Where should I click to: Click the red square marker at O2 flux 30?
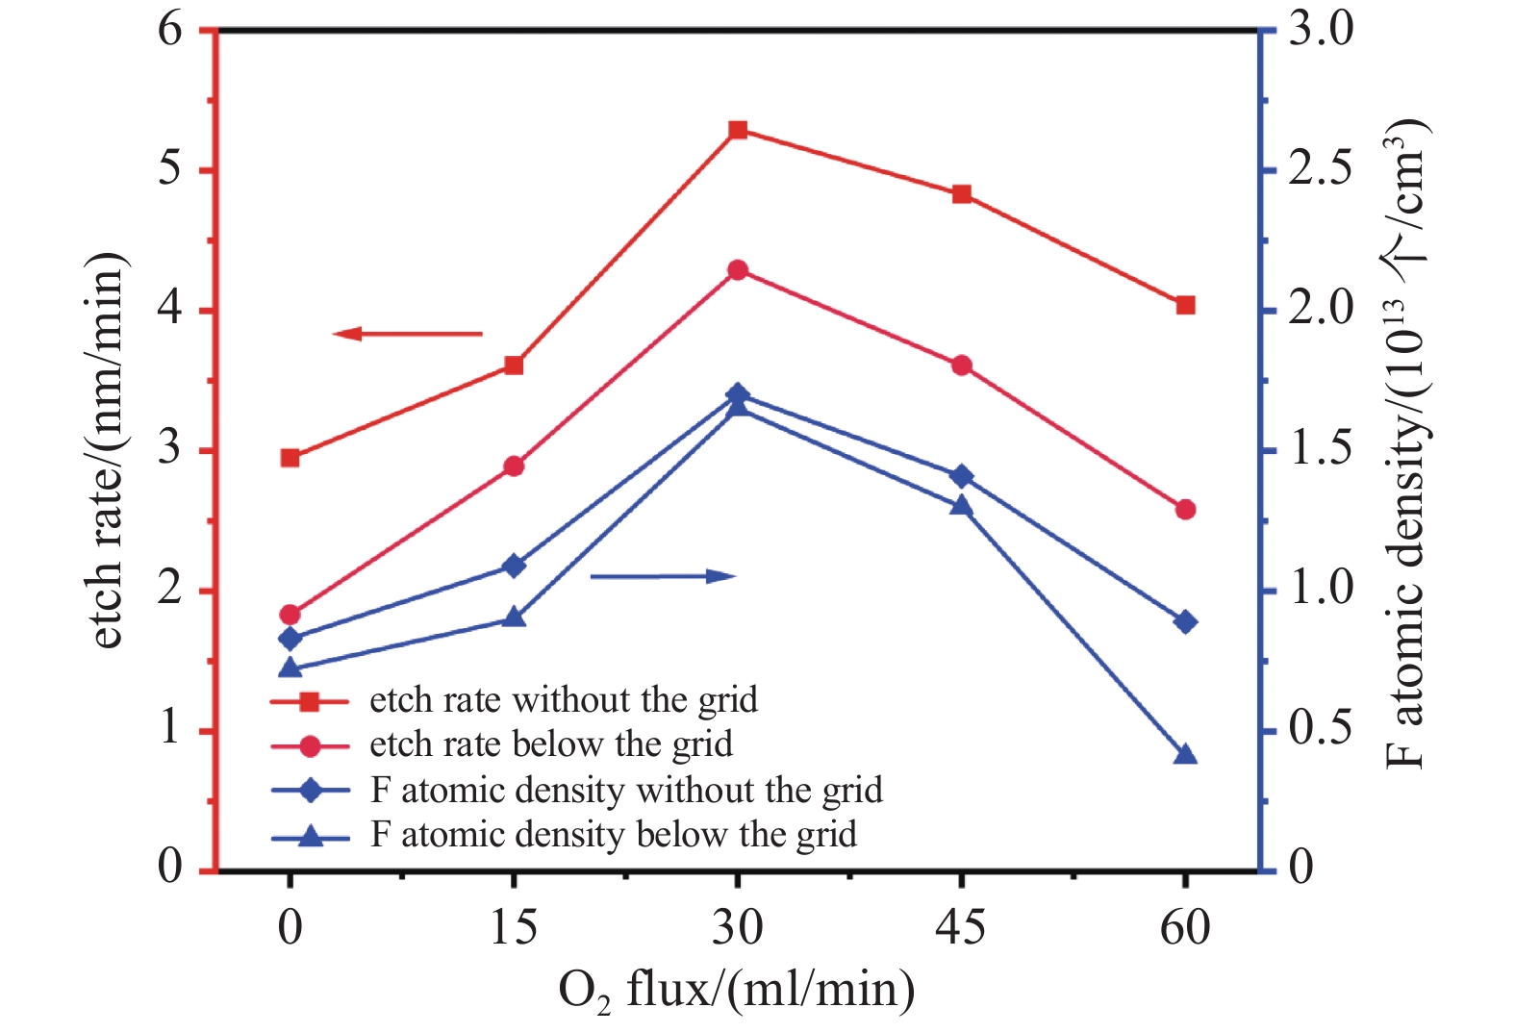(x=738, y=131)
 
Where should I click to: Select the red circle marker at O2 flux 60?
(x=1185, y=510)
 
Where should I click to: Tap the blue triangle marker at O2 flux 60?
(x=1185, y=755)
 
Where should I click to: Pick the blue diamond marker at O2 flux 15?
(x=514, y=566)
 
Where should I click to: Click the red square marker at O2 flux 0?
(x=290, y=458)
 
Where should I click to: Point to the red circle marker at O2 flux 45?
(x=961, y=365)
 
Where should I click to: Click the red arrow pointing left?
(x=407, y=334)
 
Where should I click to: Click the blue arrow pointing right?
(x=663, y=576)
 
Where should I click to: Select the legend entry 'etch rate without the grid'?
(x=564, y=700)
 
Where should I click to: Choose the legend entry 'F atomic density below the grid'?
(x=614, y=835)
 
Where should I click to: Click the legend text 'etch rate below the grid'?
(x=551, y=744)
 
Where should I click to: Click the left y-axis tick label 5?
(x=170, y=170)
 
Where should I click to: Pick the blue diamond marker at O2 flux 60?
(x=1185, y=622)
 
